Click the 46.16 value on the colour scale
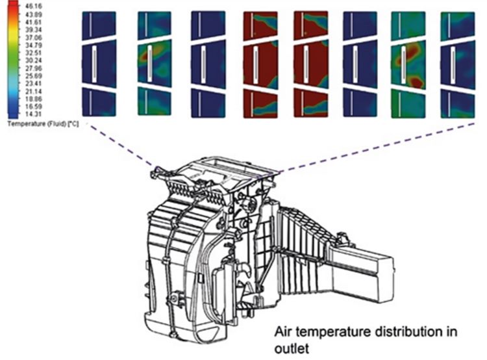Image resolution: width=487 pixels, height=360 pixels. [34, 6]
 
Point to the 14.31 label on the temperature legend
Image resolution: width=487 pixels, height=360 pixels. [34, 114]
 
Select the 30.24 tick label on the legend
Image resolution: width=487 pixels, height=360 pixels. [34, 60]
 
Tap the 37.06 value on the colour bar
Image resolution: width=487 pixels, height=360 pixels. [34, 37]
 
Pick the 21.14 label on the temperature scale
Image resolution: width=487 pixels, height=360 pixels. [34, 91]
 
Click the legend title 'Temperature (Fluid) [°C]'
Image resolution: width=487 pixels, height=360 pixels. [43, 123]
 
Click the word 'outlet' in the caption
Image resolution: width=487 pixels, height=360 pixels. [292, 348]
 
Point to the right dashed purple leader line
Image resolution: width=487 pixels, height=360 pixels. [376, 147]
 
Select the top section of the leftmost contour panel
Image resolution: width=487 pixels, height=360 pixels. [99, 26]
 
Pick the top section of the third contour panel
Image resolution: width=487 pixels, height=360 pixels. [208, 26]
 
